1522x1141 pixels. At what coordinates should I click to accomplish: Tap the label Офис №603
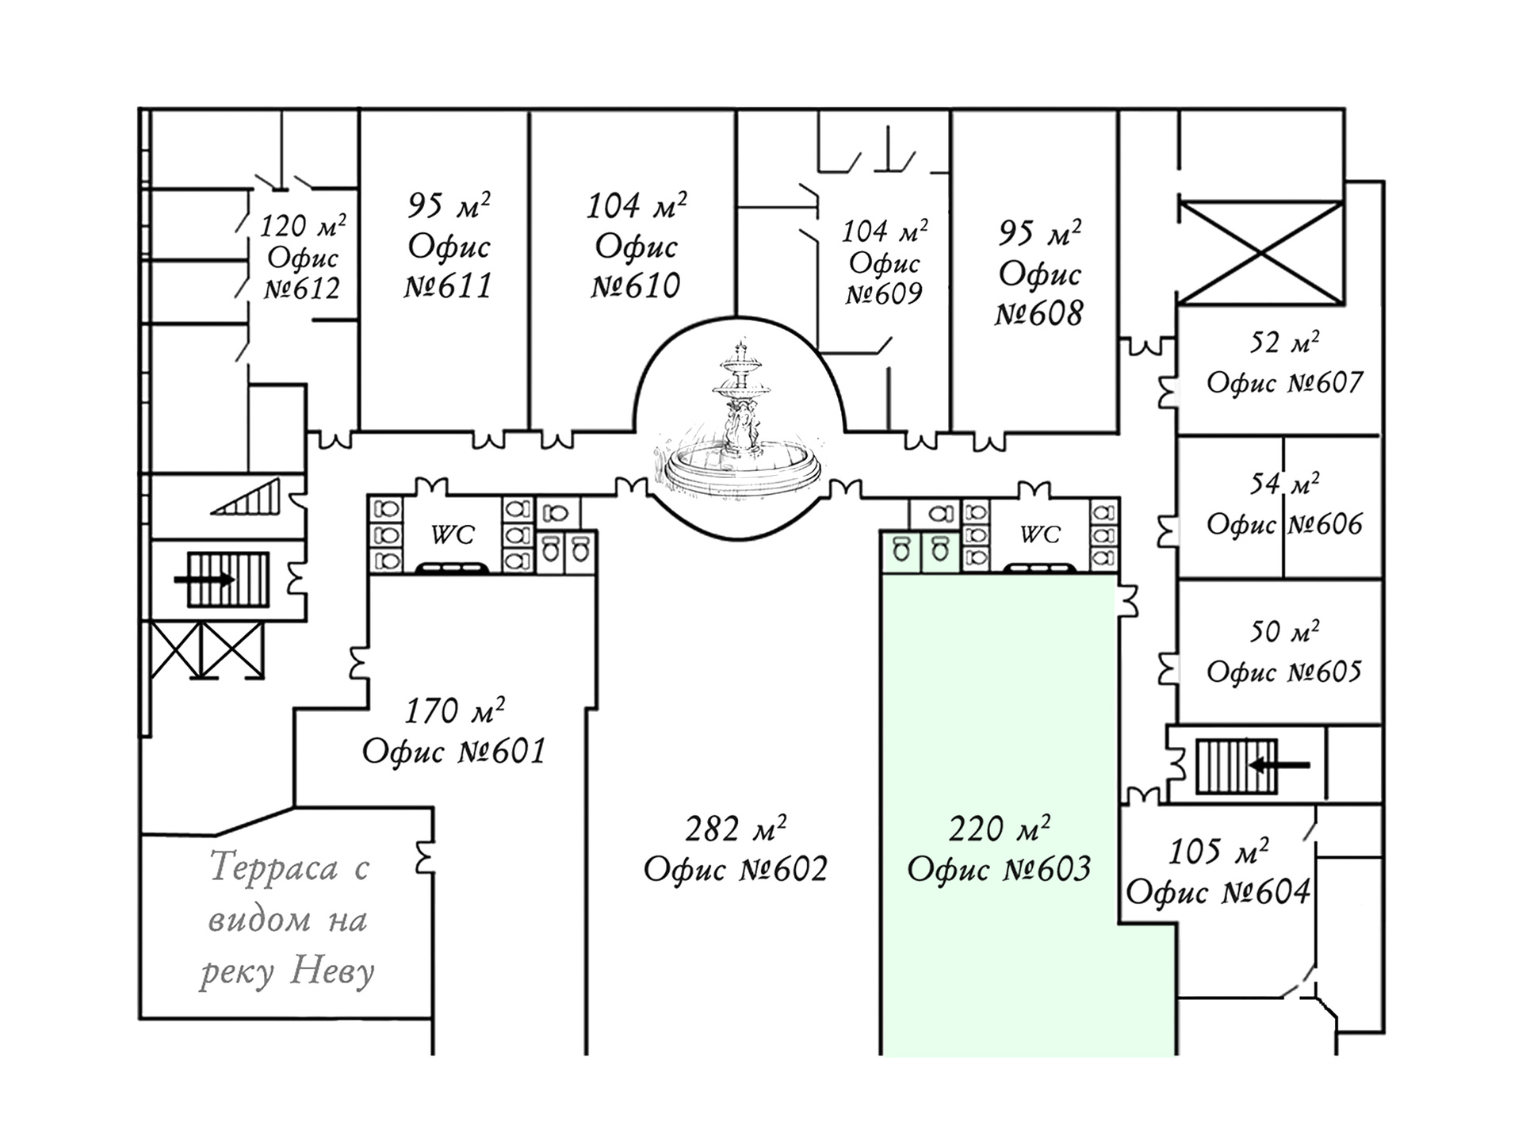999,869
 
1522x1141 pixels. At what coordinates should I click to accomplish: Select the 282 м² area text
736,829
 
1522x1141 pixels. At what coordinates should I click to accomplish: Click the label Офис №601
454,751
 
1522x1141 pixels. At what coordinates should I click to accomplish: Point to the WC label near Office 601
453,536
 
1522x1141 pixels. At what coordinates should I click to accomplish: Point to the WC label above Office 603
1039,535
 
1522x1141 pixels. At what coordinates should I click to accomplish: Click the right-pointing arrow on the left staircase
205,580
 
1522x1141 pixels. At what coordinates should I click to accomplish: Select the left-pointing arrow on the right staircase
1279,765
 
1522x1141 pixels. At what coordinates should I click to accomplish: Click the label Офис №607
1284,383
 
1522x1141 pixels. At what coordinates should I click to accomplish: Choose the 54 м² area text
1285,484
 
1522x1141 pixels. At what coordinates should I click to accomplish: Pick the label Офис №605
1284,672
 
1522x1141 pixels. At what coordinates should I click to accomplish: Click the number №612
302,289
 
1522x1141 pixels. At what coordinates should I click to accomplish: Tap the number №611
448,286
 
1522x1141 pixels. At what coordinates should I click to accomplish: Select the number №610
636,286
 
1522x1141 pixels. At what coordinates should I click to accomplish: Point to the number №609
884,294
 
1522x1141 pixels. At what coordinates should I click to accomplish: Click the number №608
1038,314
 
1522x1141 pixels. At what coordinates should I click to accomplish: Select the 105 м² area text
1218,852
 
